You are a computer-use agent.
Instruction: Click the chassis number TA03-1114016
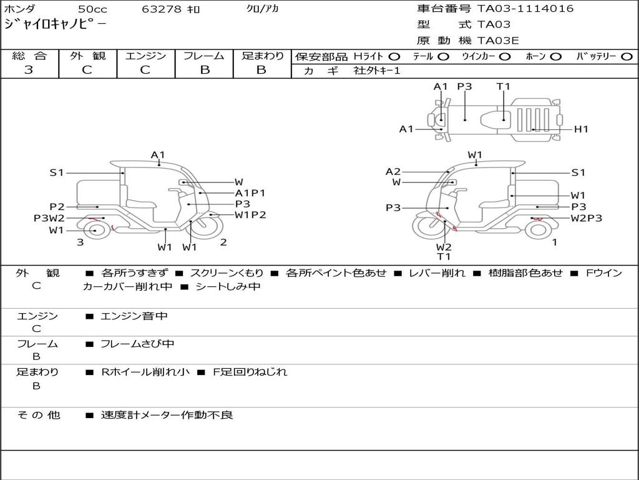click(525, 9)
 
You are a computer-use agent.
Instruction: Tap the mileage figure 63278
click(162, 9)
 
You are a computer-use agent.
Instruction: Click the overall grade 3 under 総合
click(29, 69)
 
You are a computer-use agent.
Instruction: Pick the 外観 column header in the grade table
click(87, 56)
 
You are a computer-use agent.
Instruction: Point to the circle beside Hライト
click(394, 57)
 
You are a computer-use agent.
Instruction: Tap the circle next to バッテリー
click(627, 57)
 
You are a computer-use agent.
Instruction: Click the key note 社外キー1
click(377, 71)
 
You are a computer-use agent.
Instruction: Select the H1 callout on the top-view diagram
click(581, 129)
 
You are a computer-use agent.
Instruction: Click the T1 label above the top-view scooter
click(504, 86)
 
